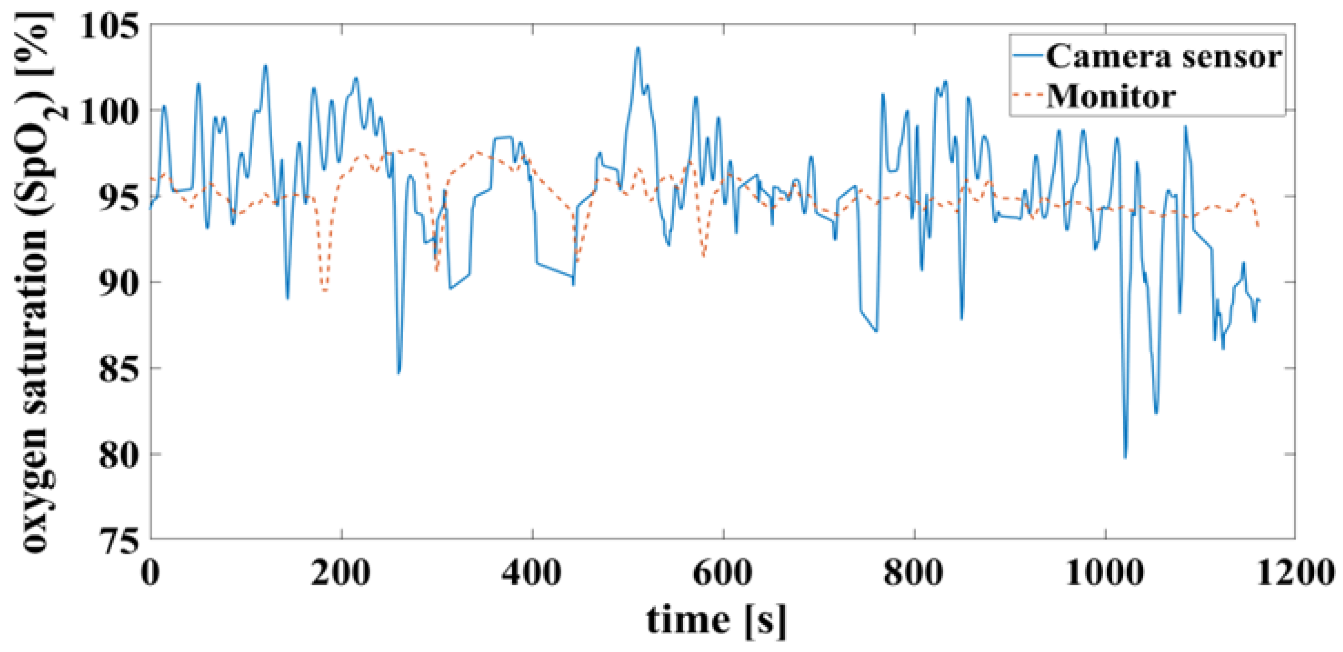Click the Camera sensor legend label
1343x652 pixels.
[1163, 56]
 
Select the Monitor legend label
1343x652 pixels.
[1111, 96]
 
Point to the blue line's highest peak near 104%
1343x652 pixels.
[637, 48]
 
